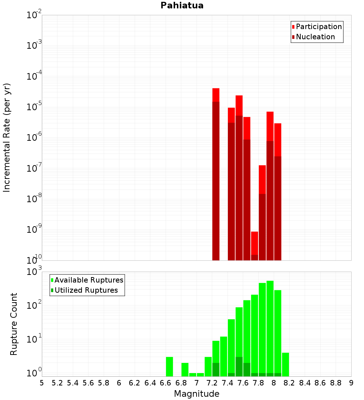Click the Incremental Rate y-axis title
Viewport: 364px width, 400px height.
point(7,138)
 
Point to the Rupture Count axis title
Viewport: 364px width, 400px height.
point(14,324)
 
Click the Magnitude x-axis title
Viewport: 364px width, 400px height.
point(197,394)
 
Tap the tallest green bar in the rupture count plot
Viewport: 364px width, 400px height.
point(270,327)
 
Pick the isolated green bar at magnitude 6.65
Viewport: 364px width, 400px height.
point(169,367)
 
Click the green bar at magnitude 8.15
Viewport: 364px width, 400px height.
point(285,364)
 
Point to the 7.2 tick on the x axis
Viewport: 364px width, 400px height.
point(212,383)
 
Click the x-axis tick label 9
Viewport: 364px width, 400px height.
point(351,383)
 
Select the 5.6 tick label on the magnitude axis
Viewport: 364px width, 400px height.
point(88,383)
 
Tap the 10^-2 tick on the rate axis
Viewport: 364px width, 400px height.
point(34,15)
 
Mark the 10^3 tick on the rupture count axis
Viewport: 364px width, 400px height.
point(34,272)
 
